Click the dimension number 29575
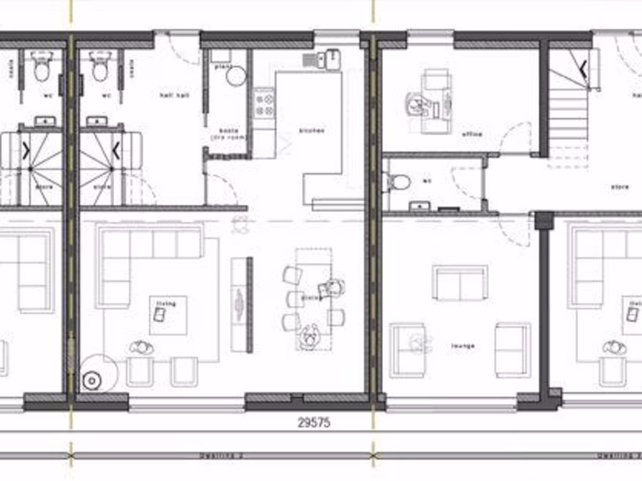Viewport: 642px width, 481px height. [x=313, y=423]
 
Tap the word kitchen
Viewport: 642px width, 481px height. [x=312, y=131]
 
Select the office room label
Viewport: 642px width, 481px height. [x=471, y=135]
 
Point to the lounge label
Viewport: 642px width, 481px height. [x=463, y=346]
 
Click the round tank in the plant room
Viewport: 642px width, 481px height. [x=236, y=76]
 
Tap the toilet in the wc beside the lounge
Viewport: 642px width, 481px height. [x=397, y=182]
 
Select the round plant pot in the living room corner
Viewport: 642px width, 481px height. [x=93, y=379]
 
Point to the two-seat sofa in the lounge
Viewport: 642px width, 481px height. [x=460, y=283]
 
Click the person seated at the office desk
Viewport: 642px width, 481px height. [x=418, y=105]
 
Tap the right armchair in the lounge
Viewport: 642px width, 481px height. [x=512, y=349]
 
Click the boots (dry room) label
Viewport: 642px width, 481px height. [x=228, y=134]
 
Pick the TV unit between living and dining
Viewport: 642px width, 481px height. [x=241, y=304]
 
